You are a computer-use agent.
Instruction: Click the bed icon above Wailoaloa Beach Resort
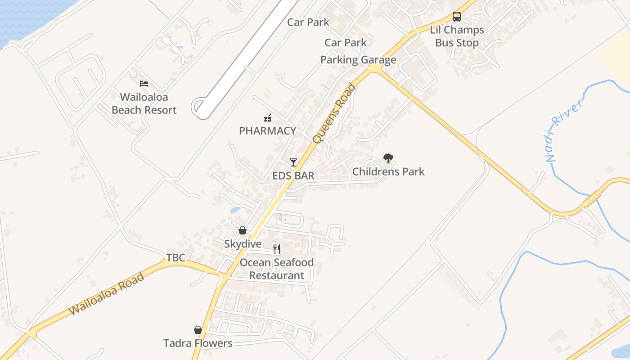(144, 84)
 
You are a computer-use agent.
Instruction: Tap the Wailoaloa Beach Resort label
(144, 103)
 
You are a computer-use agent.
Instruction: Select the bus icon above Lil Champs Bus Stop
(457, 17)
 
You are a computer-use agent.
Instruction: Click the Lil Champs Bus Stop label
(457, 36)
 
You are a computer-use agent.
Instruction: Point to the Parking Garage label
(358, 60)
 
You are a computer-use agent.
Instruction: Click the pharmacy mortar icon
(268, 118)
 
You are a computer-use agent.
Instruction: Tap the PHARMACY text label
(267, 131)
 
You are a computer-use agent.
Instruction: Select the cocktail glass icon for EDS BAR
(293, 162)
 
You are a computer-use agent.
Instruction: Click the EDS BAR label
(293, 175)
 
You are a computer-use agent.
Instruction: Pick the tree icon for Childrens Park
(388, 158)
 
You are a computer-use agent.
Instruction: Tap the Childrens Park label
(388, 171)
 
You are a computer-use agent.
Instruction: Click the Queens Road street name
(334, 114)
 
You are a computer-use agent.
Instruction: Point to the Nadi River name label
(564, 130)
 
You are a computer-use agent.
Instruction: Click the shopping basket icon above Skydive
(243, 231)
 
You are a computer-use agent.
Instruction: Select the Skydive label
(243, 244)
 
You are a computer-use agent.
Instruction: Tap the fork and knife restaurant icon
(277, 249)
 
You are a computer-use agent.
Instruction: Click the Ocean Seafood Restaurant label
(277, 269)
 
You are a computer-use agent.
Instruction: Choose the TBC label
(175, 258)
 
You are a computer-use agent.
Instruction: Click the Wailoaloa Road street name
(107, 293)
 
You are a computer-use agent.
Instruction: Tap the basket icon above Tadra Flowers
(198, 330)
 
